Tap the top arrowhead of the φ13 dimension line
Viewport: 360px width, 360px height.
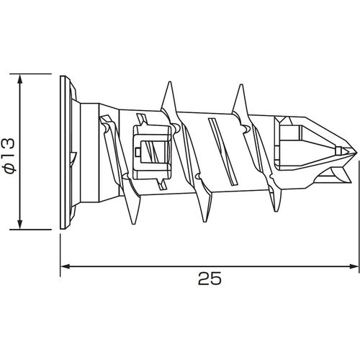click(19, 78)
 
